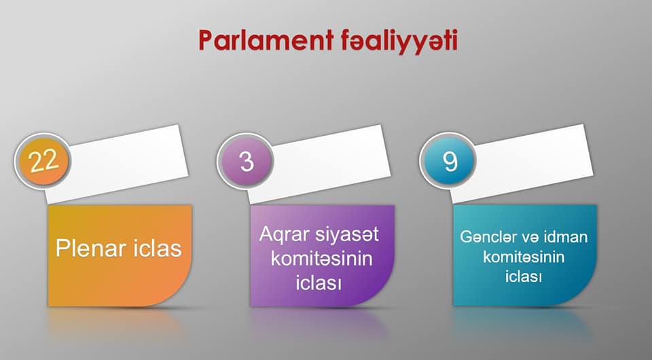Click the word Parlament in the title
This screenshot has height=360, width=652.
[266, 40]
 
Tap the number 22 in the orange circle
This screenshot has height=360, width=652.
[43, 161]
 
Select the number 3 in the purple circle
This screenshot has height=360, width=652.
[247, 161]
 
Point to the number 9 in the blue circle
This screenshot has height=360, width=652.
[450, 161]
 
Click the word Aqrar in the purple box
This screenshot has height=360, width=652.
[284, 235]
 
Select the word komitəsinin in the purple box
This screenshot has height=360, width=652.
[321, 259]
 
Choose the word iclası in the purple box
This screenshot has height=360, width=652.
[319, 283]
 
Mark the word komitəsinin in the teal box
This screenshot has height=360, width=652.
[524, 257]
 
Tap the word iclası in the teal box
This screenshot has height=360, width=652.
[524, 276]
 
